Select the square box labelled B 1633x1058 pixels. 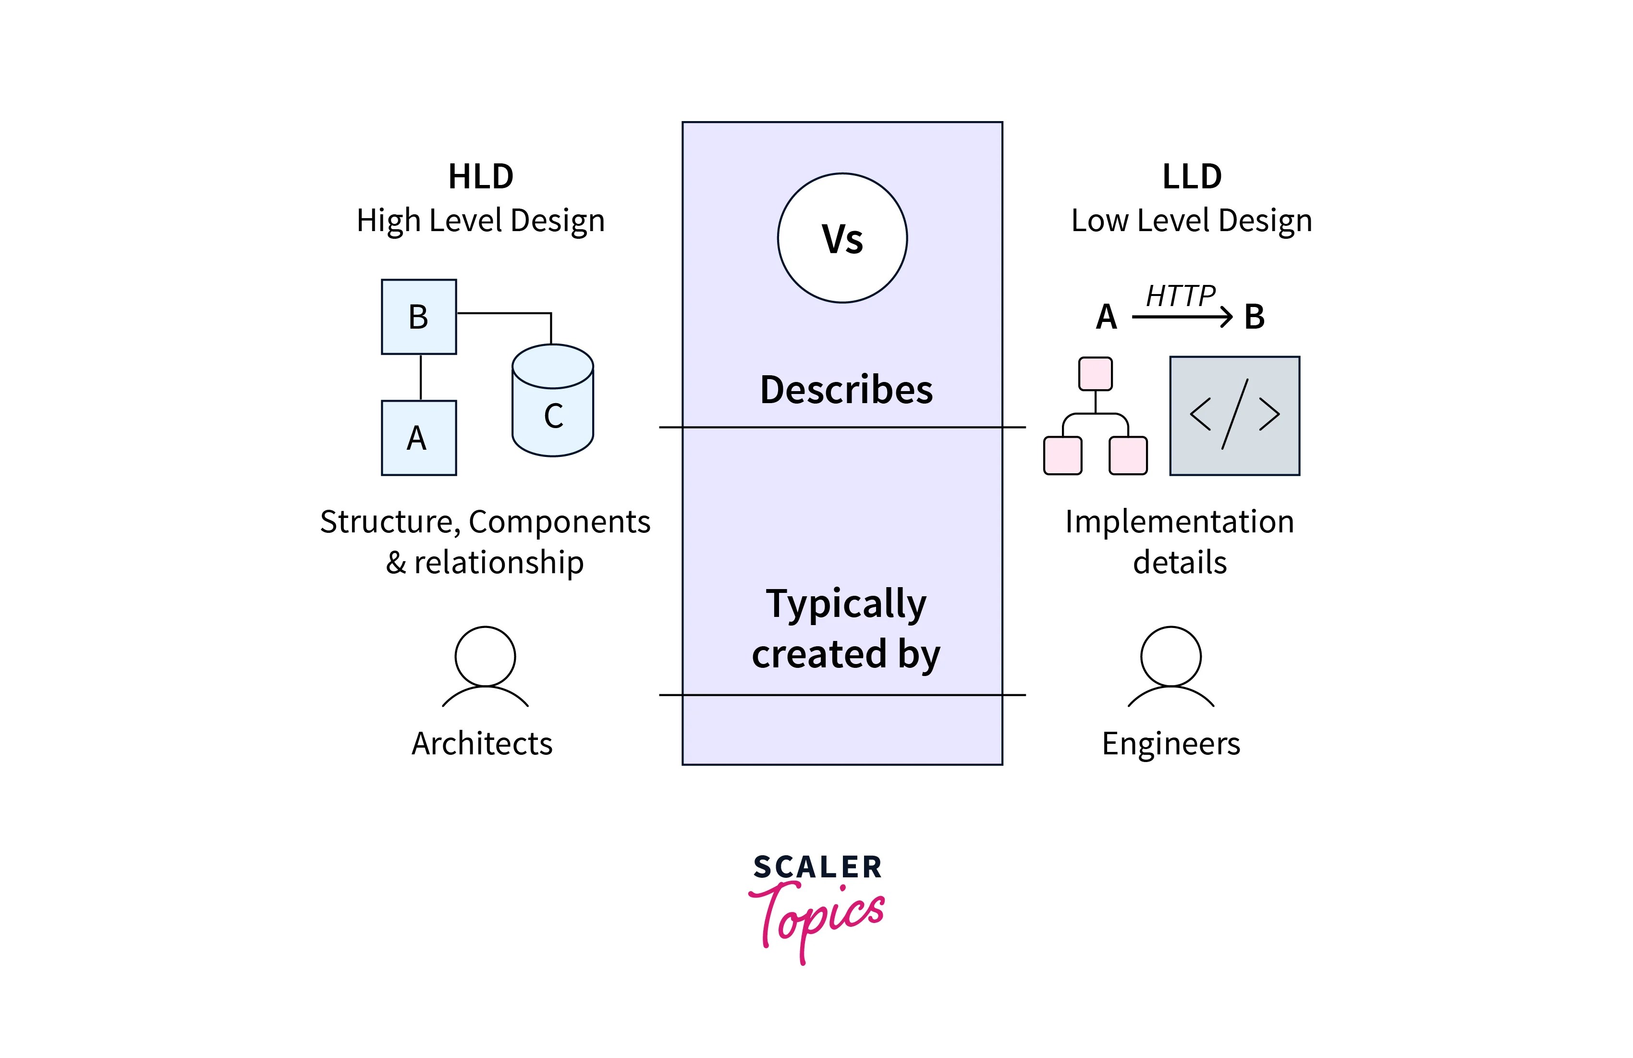tap(418, 317)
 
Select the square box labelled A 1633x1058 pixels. tap(418, 437)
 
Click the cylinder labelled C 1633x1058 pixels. tap(552, 405)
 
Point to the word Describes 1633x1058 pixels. tap(846, 389)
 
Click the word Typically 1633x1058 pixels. tap(846, 604)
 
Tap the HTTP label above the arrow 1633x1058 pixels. tap(1180, 296)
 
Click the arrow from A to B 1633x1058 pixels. tap(1182, 317)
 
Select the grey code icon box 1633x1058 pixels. tap(1234, 416)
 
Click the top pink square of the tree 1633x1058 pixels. tap(1095, 373)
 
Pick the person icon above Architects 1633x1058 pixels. tap(485, 664)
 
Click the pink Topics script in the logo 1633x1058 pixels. tap(816, 917)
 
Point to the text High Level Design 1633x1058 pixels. tap(480, 221)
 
